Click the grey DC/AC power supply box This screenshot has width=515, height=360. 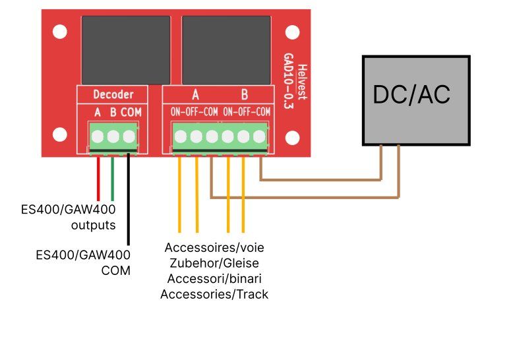click(415, 100)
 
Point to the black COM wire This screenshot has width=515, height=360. click(129, 198)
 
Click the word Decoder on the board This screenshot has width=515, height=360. click(113, 95)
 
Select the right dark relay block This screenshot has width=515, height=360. click(226, 48)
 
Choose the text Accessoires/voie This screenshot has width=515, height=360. click(214, 249)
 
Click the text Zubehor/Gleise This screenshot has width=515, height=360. click(214, 264)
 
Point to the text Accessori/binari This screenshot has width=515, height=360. click(214, 279)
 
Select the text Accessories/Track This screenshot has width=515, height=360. click(214, 294)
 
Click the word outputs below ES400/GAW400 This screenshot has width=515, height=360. click(93, 225)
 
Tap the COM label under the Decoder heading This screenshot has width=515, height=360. click(131, 113)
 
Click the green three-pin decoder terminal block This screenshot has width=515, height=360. click(113, 137)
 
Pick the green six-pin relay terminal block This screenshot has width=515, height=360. click(220, 137)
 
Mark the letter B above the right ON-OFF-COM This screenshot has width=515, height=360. click(245, 95)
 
